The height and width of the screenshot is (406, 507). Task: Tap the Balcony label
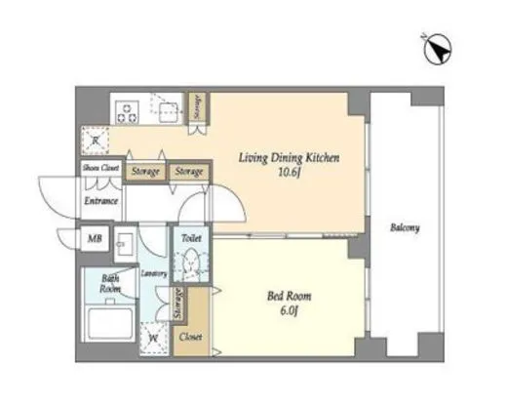405,228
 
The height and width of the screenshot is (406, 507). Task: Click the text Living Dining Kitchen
289,154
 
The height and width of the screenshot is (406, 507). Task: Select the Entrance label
101,201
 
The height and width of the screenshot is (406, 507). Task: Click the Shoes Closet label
100,169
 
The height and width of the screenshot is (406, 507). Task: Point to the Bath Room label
112,282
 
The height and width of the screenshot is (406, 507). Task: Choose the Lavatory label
155,274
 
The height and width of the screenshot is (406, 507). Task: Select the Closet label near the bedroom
190,337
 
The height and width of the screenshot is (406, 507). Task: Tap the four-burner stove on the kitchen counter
127,111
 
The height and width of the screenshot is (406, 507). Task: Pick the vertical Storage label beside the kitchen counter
198,107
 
